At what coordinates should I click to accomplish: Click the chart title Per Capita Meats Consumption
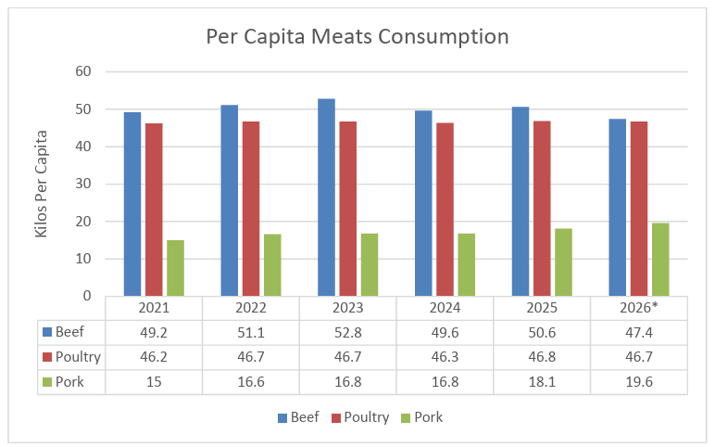click(x=357, y=36)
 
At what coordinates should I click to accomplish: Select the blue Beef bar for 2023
click(x=327, y=198)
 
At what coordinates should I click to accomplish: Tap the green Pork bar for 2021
click(x=176, y=268)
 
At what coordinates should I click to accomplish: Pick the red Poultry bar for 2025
click(x=542, y=209)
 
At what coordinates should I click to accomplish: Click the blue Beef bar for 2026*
click(x=618, y=208)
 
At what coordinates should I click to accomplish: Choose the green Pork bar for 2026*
click(x=660, y=260)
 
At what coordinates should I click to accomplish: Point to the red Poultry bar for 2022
click(x=251, y=209)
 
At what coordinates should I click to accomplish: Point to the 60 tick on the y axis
click(x=83, y=71)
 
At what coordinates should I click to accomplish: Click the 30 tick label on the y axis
click(x=83, y=184)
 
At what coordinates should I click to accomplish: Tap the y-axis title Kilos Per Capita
click(x=41, y=184)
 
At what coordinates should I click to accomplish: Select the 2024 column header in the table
click(x=445, y=308)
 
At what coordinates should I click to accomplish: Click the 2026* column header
click(x=639, y=308)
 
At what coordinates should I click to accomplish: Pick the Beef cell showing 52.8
click(x=348, y=332)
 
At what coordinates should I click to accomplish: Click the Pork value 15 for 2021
click(x=154, y=382)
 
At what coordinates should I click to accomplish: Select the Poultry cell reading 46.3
click(x=445, y=357)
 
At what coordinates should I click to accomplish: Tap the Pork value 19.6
click(x=639, y=382)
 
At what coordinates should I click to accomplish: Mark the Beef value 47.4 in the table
click(x=639, y=332)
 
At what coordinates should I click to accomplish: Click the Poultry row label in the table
click(x=71, y=357)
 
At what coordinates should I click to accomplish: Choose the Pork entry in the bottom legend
click(x=421, y=417)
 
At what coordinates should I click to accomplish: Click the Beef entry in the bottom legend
click(x=298, y=417)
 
